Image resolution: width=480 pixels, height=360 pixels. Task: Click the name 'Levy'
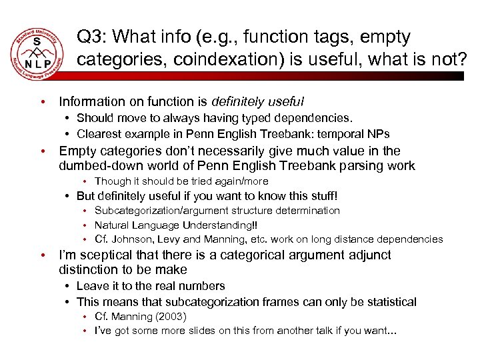click(169, 239)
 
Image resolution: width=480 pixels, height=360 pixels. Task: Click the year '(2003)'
click(169, 317)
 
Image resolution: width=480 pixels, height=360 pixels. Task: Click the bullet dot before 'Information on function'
click(42, 102)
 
